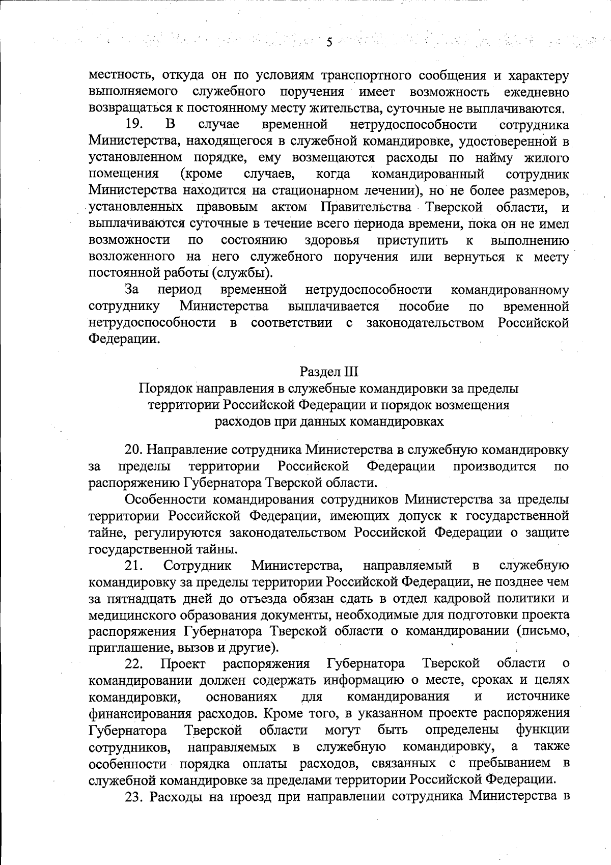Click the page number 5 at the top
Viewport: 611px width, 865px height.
tap(329, 42)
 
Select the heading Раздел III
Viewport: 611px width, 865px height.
tap(329, 372)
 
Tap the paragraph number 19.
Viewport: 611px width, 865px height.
tap(134, 125)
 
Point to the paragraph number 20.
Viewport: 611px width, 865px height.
tap(134, 450)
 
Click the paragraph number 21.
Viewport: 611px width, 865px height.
tap(134, 565)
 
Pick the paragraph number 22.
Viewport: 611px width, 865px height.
tap(134, 663)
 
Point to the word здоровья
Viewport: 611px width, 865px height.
tap(332, 240)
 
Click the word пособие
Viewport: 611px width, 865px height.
tap(424, 306)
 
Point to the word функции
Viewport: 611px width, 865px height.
tap(542, 730)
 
